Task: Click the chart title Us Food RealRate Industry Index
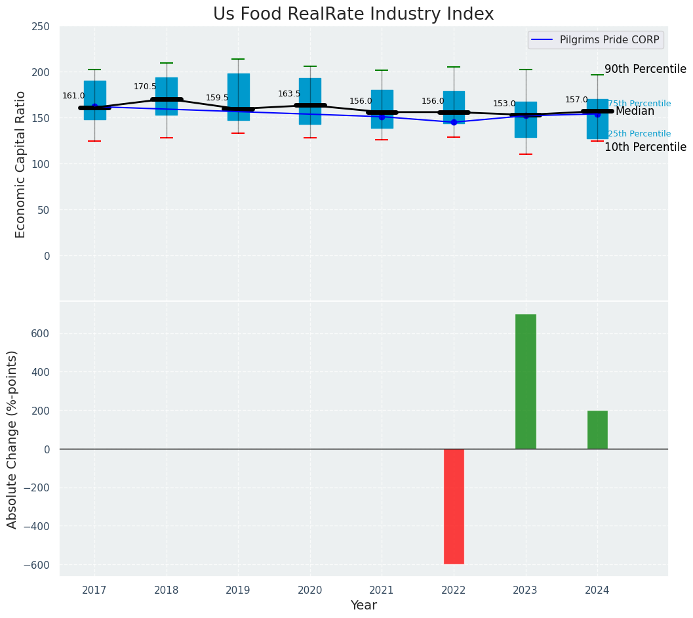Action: (353, 14)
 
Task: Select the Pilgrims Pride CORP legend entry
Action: (609, 40)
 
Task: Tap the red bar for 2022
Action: (454, 506)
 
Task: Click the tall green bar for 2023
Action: (525, 381)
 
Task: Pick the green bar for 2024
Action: (597, 430)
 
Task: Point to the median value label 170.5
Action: (145, 87)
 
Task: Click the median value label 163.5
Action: (289, 94)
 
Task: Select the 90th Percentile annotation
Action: (645, 70)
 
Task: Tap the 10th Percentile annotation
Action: (645, 147)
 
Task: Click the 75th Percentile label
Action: (639, 104)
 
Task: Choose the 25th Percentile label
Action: (639, 134)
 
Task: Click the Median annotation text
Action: (635, 112)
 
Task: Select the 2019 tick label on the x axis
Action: (238, 590)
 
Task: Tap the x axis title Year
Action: (363, 606)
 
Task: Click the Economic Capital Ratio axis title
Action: (20, 164)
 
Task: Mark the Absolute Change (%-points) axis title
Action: (12, 439)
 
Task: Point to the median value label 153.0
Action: (504, 104)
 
